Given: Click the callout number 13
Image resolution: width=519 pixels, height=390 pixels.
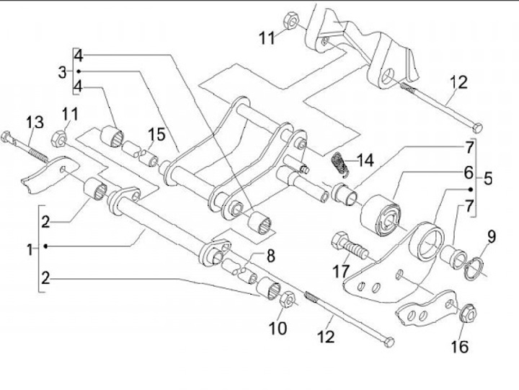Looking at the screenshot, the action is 35,122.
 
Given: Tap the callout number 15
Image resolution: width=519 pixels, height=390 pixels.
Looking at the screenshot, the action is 156,135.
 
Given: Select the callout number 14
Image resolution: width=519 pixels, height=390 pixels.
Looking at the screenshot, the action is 365,161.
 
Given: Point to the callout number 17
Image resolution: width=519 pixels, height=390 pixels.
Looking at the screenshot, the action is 341,272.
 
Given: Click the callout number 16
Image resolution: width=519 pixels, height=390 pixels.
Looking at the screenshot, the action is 460,347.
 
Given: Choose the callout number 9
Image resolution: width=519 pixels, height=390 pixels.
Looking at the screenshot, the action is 492,237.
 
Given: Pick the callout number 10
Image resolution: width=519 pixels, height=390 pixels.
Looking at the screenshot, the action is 278,329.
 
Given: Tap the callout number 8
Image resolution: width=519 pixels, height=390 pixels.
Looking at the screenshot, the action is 271,256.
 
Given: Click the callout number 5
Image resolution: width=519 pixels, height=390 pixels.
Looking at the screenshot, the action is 487,179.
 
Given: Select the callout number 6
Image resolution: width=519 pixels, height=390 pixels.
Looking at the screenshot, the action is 469,172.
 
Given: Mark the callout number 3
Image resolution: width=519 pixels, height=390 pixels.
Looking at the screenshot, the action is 62,72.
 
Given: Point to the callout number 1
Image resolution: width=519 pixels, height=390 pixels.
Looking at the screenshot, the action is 30,249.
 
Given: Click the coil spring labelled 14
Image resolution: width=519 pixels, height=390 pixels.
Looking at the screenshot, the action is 340,164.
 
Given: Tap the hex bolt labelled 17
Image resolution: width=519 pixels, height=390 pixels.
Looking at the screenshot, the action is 348,247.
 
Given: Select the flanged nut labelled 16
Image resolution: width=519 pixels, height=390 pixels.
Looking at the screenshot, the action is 468,312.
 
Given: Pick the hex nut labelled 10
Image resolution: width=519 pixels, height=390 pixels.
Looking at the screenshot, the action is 288,299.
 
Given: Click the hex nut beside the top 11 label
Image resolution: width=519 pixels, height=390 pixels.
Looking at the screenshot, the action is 291,20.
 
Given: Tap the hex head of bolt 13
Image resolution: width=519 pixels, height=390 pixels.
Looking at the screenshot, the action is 6,137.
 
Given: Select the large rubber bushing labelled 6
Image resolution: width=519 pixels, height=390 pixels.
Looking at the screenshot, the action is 381,216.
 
